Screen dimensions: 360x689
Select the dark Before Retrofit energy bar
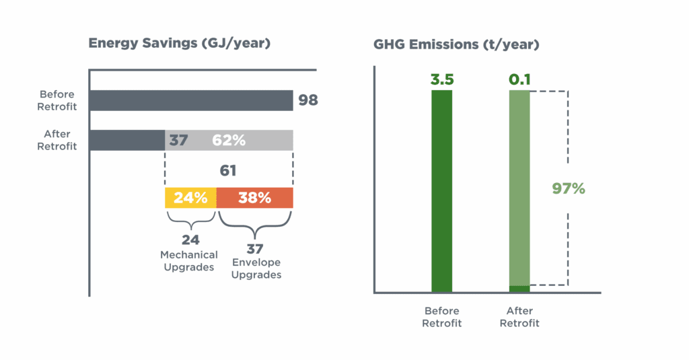[190, 100]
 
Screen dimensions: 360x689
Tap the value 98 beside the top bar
[307, 101]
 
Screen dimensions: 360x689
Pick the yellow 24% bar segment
[190, 198]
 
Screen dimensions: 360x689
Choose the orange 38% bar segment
[254, 198]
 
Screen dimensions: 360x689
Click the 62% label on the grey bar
[229, 141]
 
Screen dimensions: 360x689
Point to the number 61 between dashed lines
[229, 171]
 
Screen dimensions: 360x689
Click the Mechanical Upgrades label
[189, 261]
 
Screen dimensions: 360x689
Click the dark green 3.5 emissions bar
[442, 191]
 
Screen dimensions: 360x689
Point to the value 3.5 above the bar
[442, 79]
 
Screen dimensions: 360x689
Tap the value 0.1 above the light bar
[519, 79]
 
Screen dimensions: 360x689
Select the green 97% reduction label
[568, 188]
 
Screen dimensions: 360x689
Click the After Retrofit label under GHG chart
[519, 317]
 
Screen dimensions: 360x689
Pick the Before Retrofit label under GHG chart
[442, 317]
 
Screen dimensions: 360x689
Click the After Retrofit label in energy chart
[57, 140]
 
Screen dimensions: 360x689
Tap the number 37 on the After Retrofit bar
[178, 141]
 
